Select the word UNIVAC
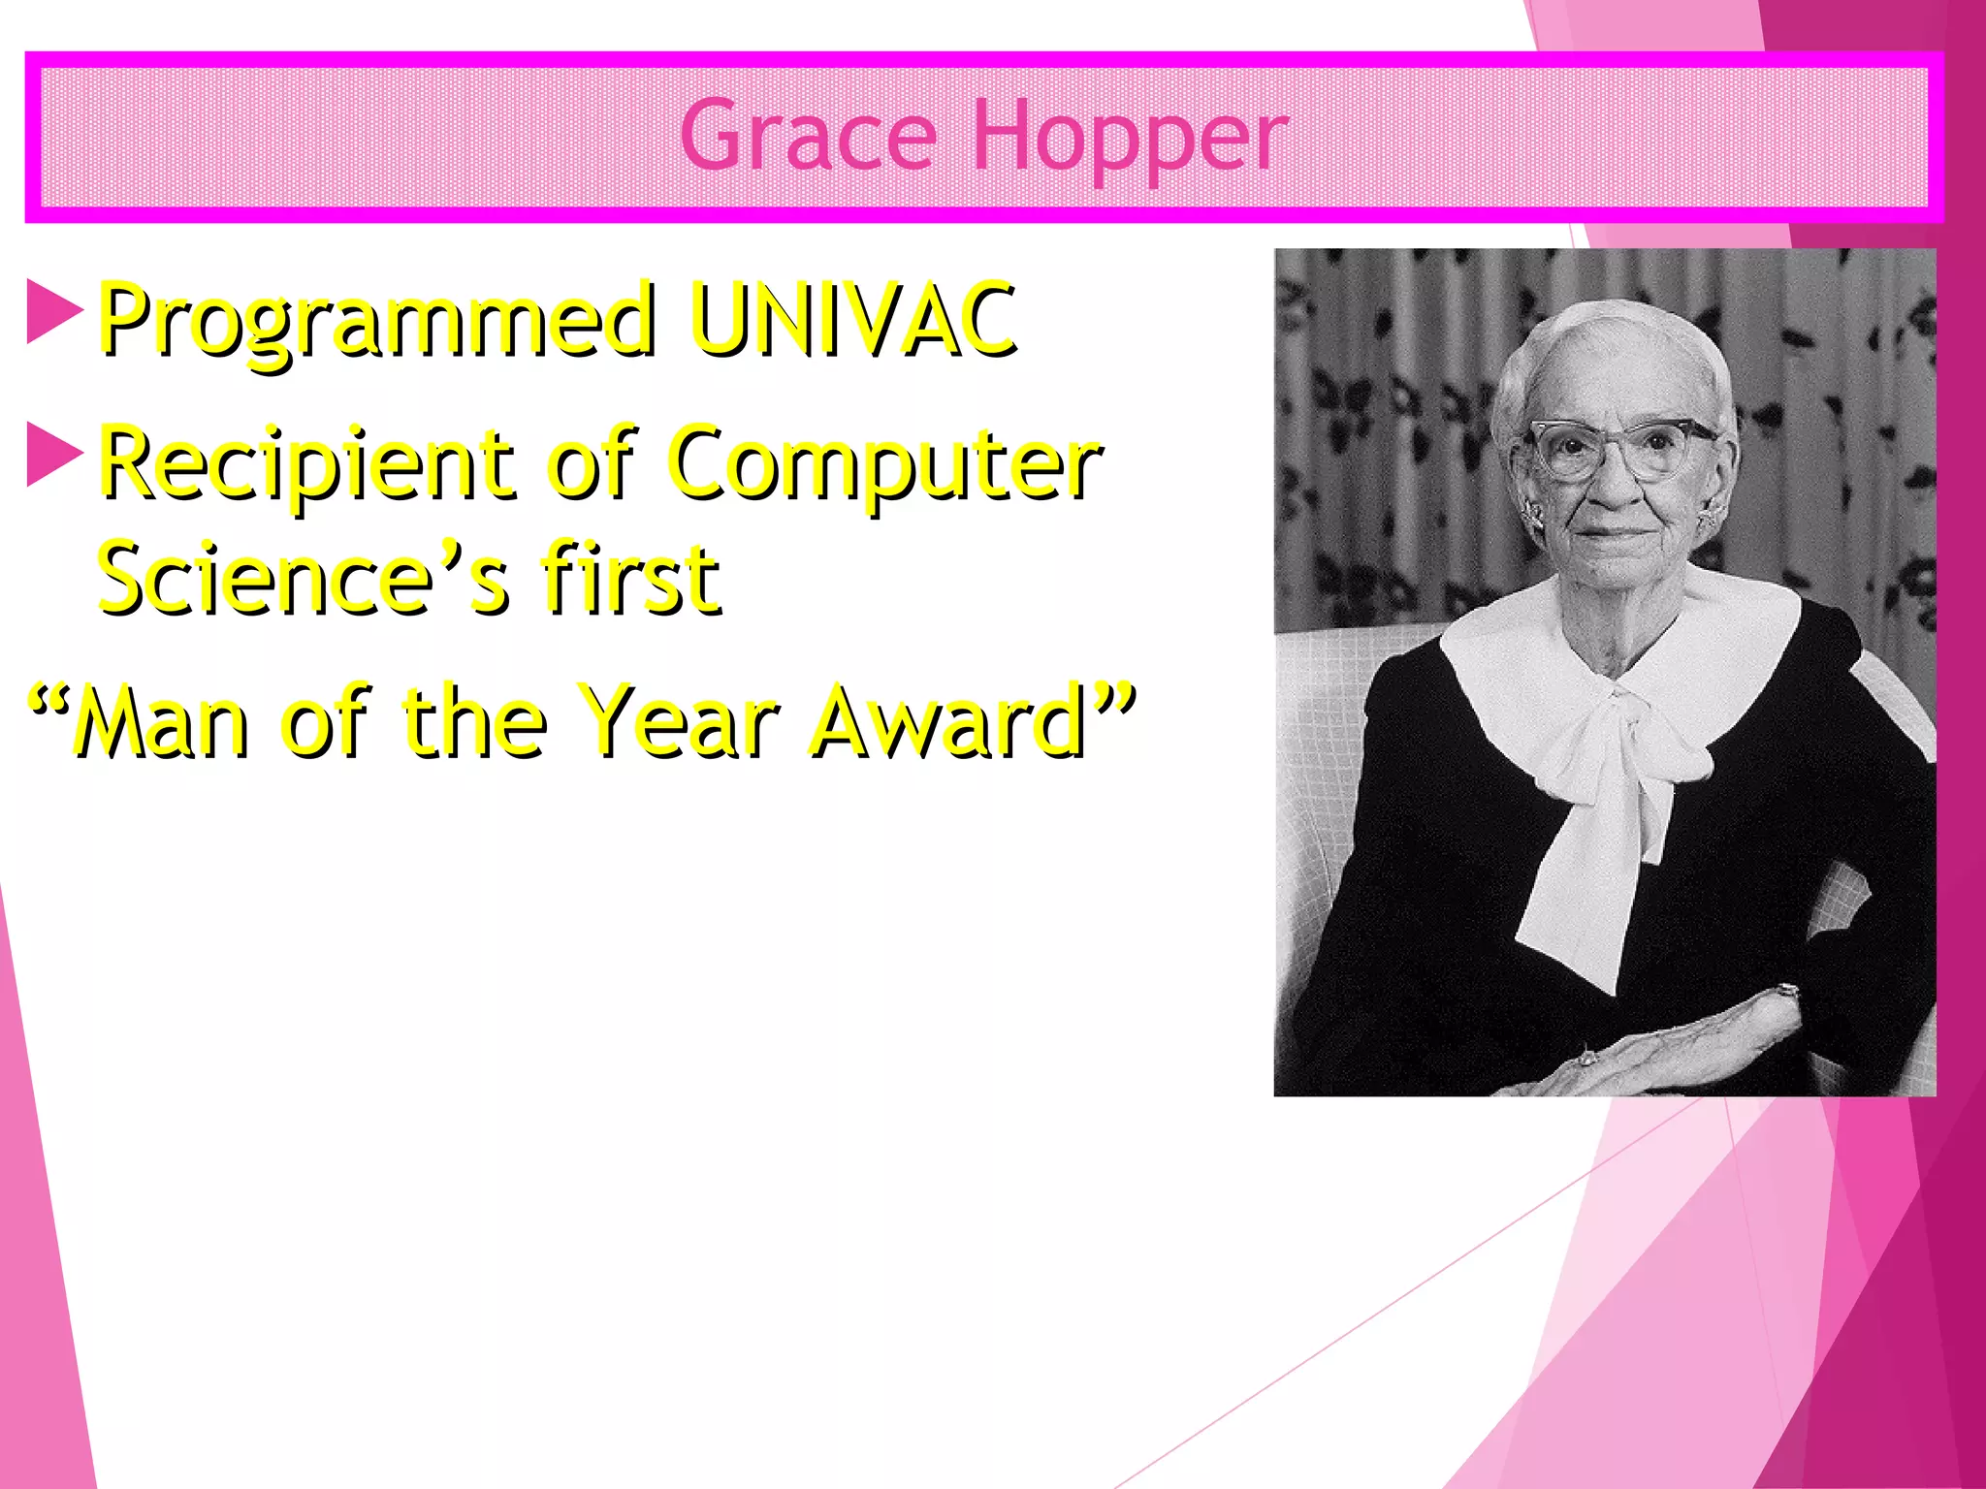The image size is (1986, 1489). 853,317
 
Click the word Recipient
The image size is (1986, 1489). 306,463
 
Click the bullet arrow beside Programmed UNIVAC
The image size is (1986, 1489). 53,311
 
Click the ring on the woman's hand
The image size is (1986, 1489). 1586,1058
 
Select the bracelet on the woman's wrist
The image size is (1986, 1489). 1785,993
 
